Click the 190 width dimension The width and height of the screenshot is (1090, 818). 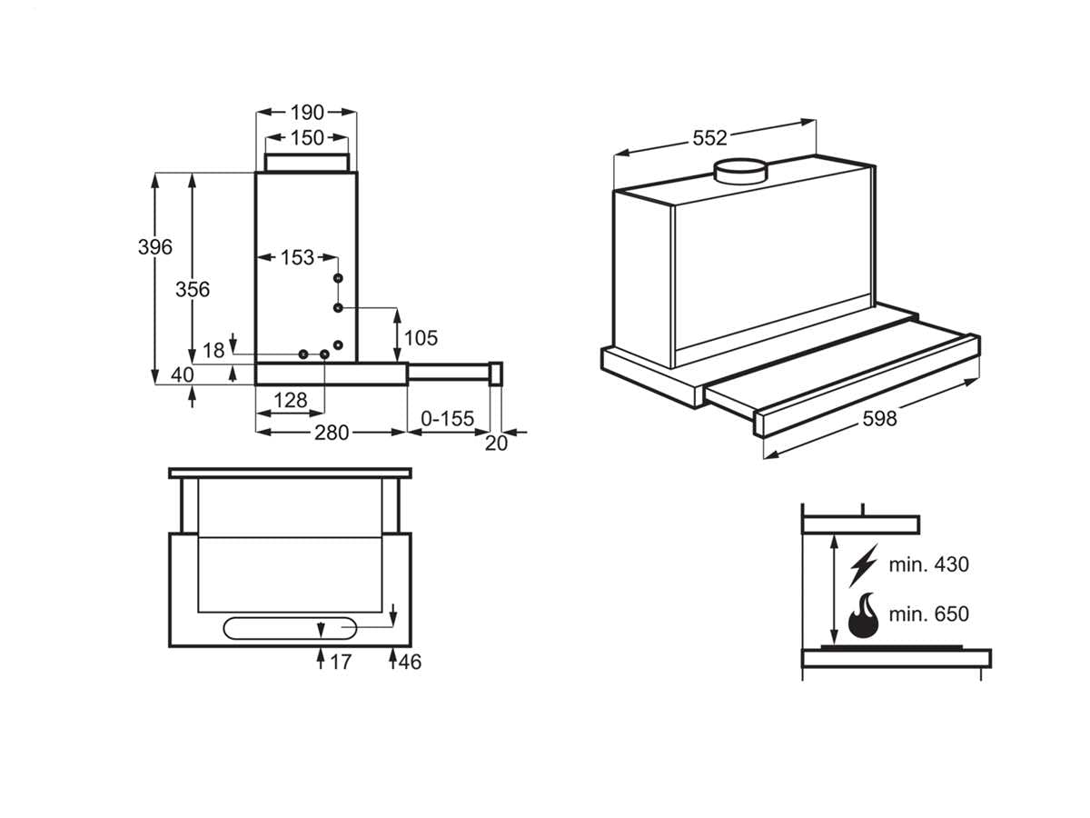click(x=307, y=113)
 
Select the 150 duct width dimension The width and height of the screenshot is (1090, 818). click(x=307, y=138)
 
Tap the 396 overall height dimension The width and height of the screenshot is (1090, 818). click(x=155, y=246)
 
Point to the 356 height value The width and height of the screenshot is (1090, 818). click(x=193, y=289)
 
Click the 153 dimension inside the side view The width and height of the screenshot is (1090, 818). click(x=296, y=257)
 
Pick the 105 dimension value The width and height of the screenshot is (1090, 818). click(x=421, y=338)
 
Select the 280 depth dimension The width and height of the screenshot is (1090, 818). click(x=332, y=433)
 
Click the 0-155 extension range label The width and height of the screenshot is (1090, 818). click(x=449, y=419)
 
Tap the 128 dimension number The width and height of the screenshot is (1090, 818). click(x=290, y=400)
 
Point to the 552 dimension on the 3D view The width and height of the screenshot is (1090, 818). click(x=710, y=138)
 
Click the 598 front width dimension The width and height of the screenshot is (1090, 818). click(x=879, y=418)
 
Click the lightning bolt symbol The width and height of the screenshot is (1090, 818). click(x=862, y=564)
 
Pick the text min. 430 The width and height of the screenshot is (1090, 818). click(x=929, y=564)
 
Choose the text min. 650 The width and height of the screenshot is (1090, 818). click(x=929, y=614)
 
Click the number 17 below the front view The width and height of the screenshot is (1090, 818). click(x=340, y=663)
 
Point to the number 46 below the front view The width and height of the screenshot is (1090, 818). click(x=410, y=663)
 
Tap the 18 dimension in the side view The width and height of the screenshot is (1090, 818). click(x=213, y=351)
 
